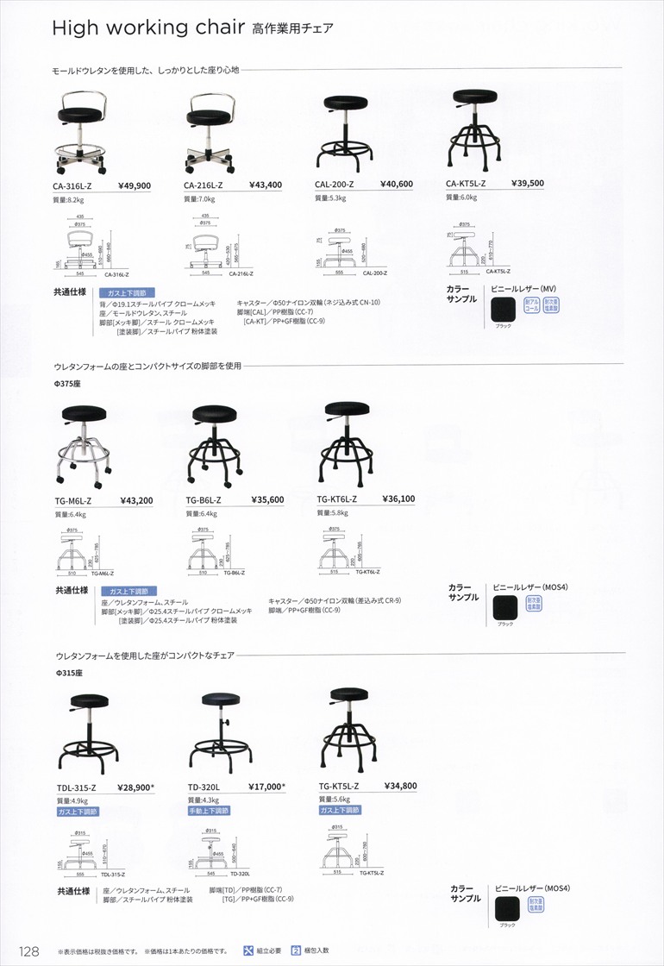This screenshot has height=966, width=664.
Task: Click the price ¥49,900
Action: [134, 185]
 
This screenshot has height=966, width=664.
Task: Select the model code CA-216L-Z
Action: [204, 185]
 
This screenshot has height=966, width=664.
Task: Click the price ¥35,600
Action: [267, 499]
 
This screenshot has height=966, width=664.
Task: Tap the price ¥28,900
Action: [134, 787]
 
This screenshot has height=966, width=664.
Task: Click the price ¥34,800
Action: [399, 786]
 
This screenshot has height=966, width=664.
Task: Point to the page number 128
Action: [28, 951]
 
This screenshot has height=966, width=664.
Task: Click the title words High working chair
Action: [147, 28]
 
